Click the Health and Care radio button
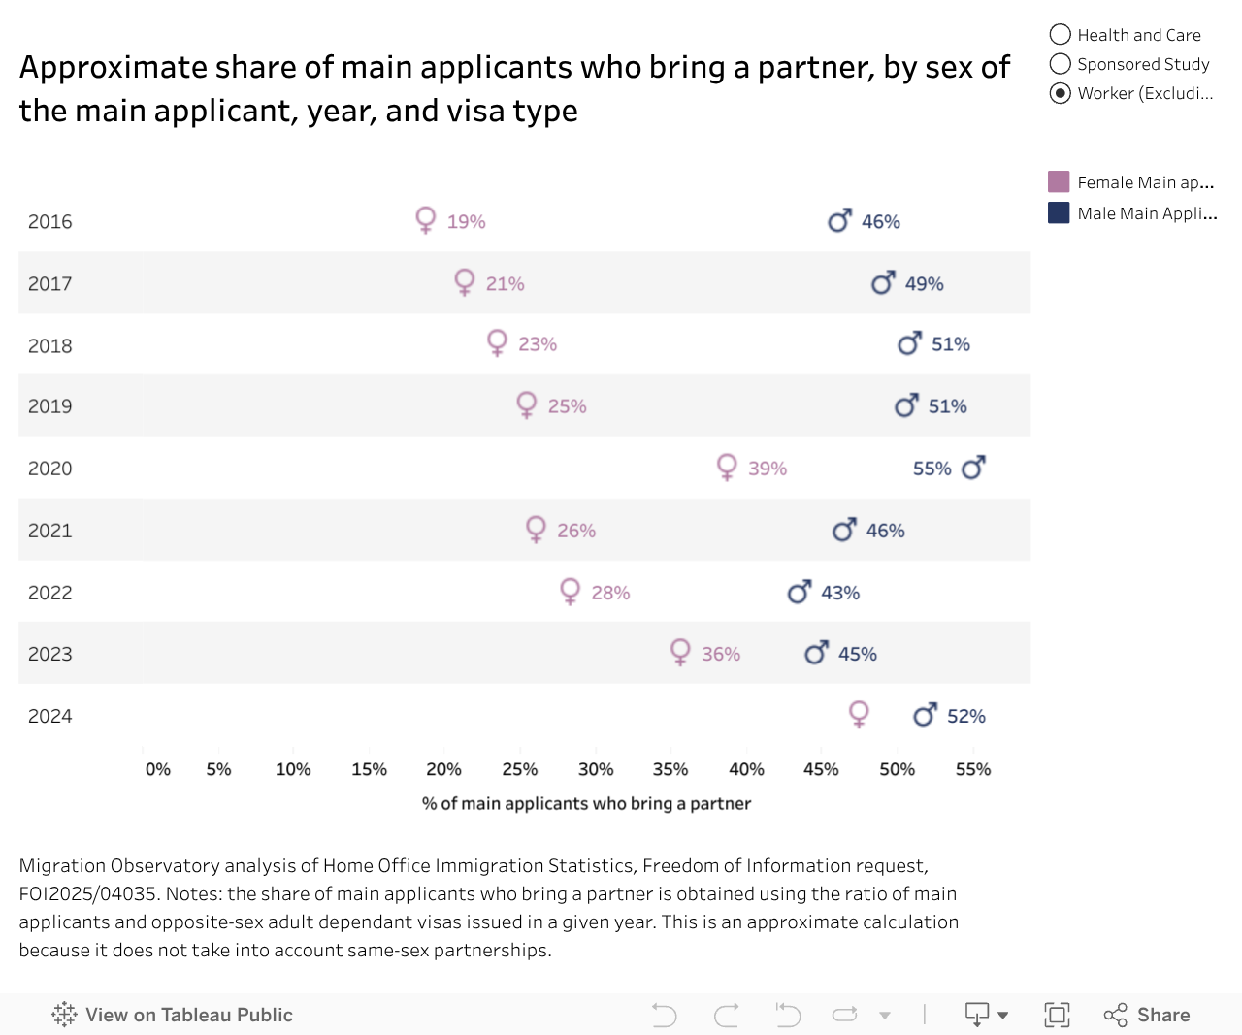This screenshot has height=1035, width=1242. pyautogui.click(x=1061, y=35)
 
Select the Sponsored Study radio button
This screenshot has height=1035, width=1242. pyautogui.click(x=1061, y=64)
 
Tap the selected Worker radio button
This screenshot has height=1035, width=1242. pyautogui.click(x=1061, y=93)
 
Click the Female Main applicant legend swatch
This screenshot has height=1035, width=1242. pyautogui.click(x=1059, y=182)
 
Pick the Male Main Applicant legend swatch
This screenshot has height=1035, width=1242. pyautogui.click(x=1059, y=213)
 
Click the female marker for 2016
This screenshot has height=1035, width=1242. pyautogui.click(x=425, y=219)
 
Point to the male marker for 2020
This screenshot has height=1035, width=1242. pyautogui.click(x=973, y=468)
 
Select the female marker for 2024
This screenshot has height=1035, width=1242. pyautogui.click(x=859, y=714)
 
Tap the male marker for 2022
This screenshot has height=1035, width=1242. pyautogui.click(x=799, y=592)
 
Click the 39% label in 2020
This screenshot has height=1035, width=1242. pyautogui.click(x=768, y=469)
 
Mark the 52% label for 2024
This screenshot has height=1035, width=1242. pyautogui.click(x=966, y=716)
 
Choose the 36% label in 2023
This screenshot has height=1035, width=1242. pyautogui.click(x=721, y=654)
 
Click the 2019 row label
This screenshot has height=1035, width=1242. pyautogui.click(x=50, y=406)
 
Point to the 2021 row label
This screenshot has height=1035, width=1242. pyautogui.click(x=50, y=531)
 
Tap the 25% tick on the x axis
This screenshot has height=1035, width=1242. pyautogui.click(x=520, y=769)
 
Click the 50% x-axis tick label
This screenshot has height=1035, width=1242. pyautogui.click(x=897, y=769)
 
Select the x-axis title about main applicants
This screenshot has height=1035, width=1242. pyautogui.click(x=586, y=803)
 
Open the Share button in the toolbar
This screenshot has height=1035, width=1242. pyautogui.click(x=1147, y=1015)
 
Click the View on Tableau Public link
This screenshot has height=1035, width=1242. pyautogui.click(x=173, y=1015)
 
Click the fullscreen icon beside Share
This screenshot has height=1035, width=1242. pyautogui.click(x=1057, y=1015)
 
